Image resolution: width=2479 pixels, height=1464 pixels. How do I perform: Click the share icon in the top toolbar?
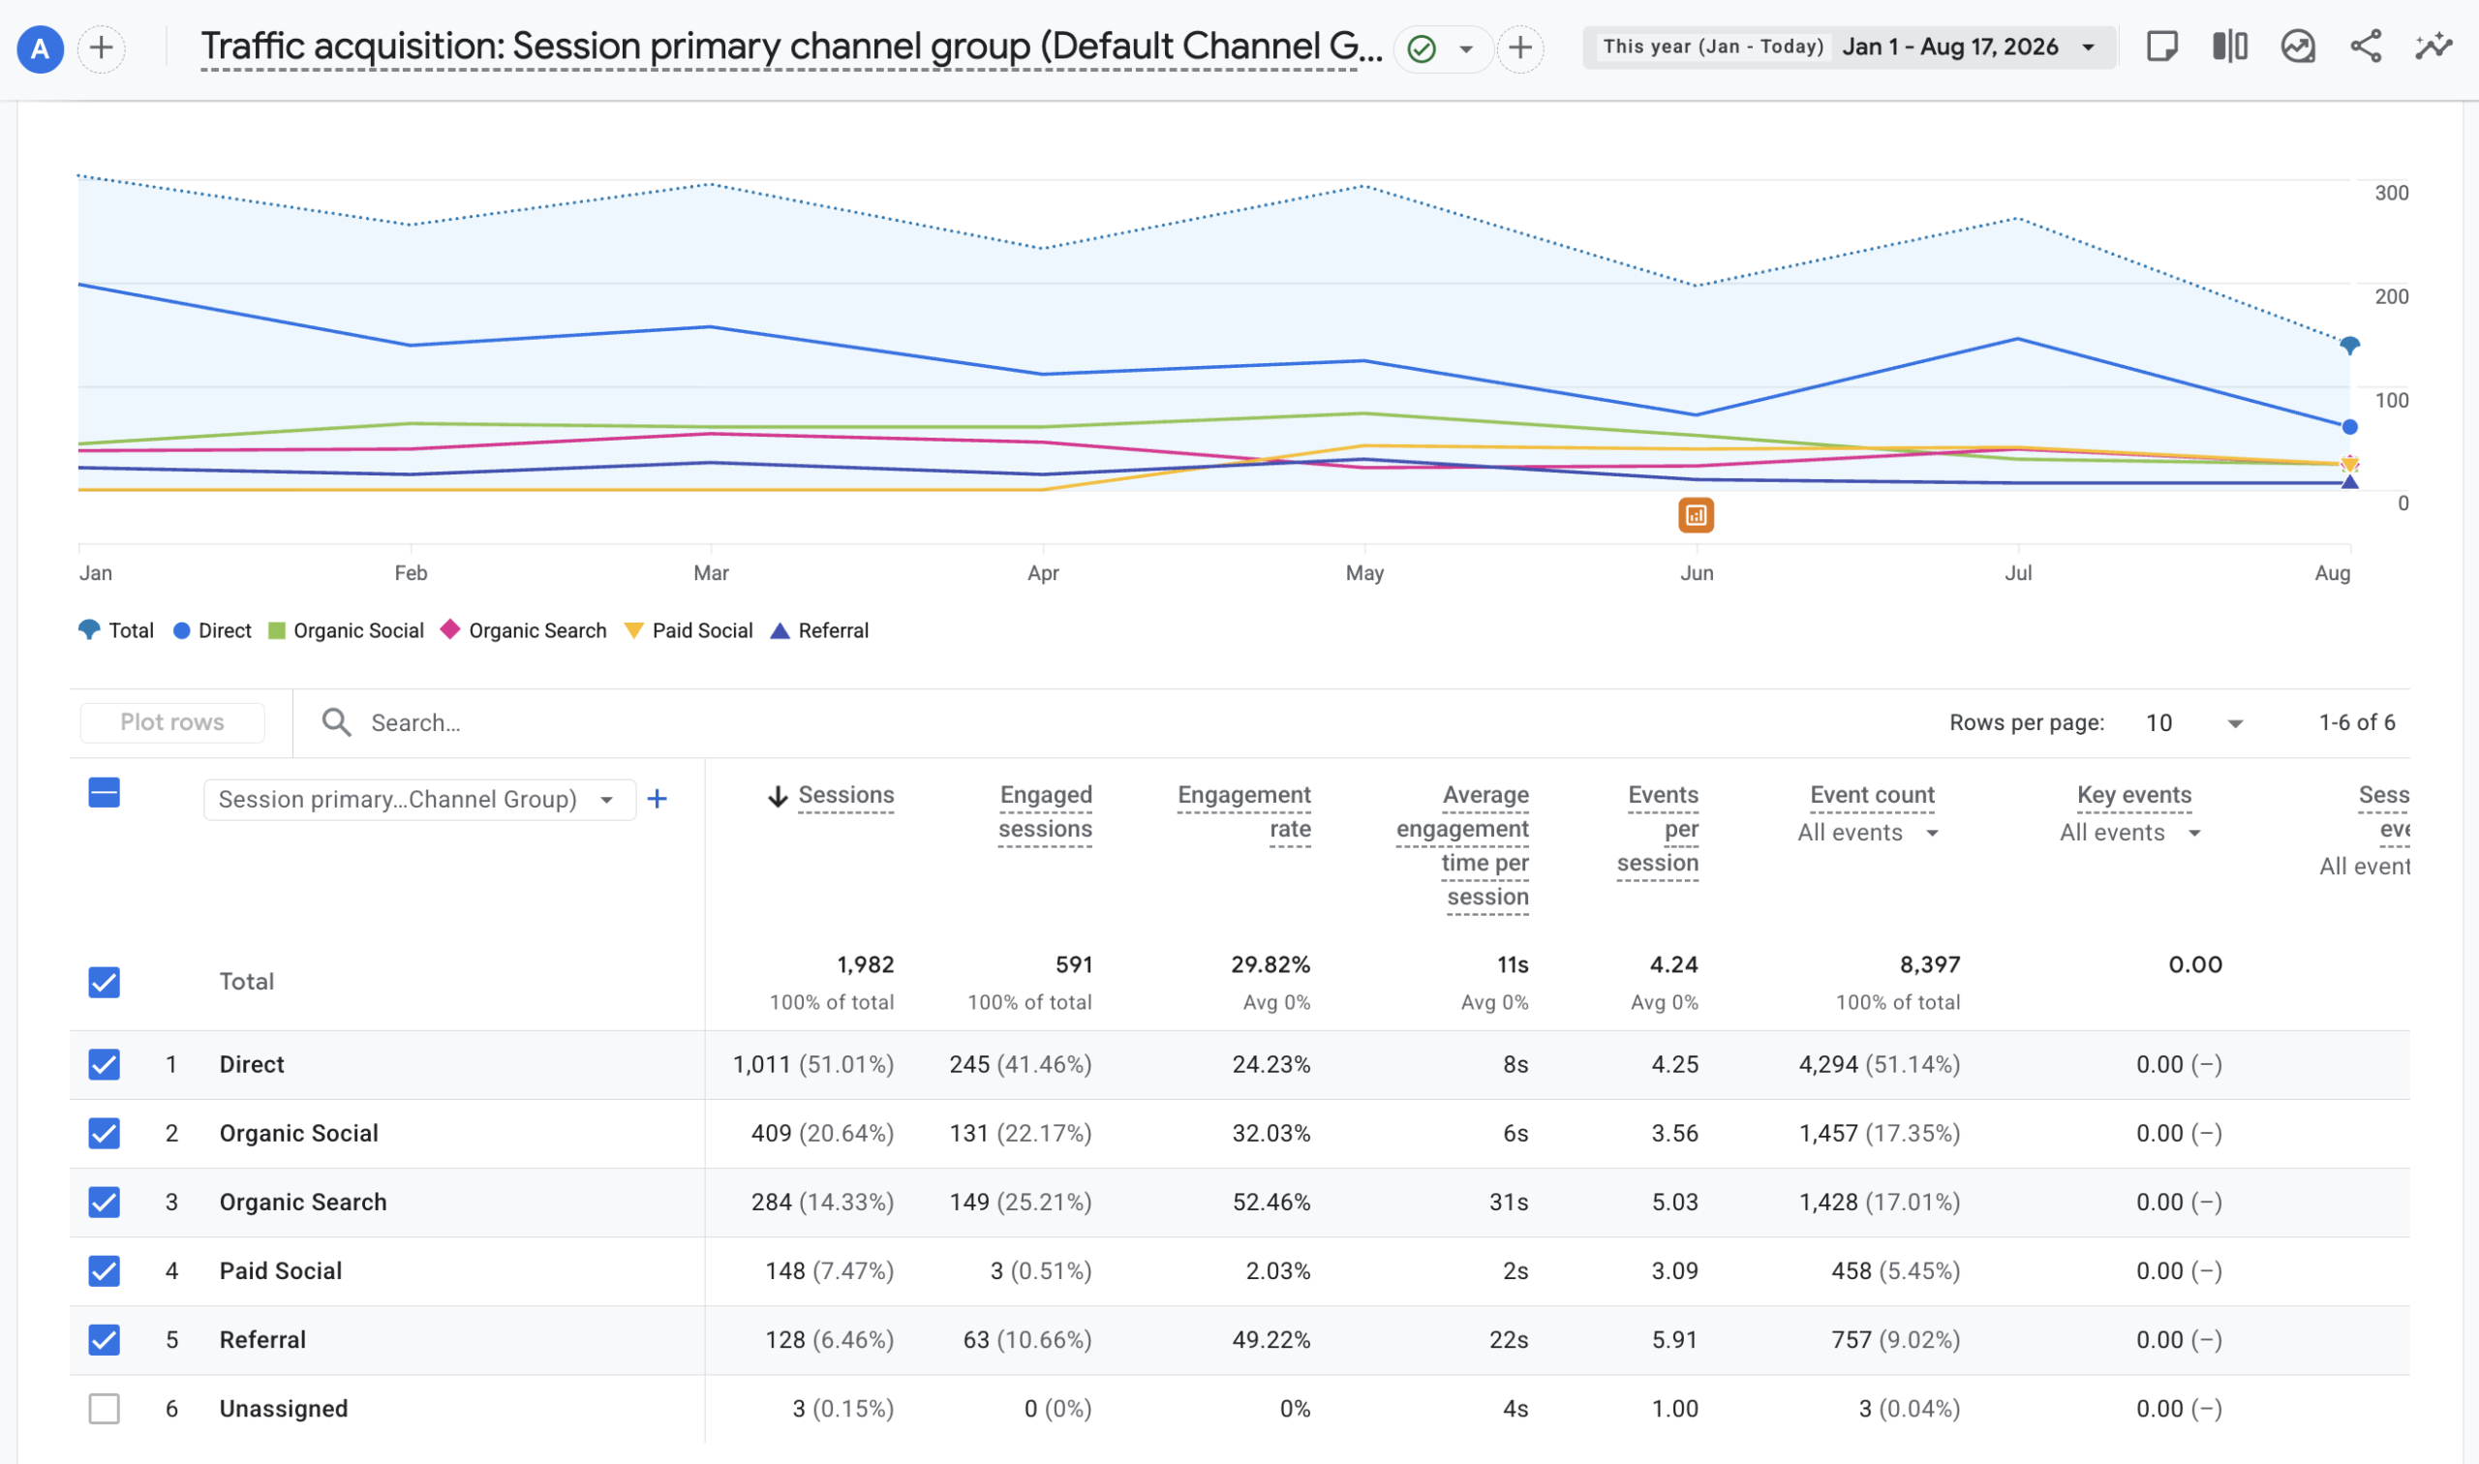pyautogui.click(x=2366, y=46)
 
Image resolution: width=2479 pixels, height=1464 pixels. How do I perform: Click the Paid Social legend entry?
pyautogui.click(x=689, y=630)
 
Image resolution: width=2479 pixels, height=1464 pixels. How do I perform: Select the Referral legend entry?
pyautogui.click(x=819, y=630)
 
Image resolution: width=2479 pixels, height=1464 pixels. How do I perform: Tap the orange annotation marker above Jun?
pyautogui.click(x=1696, y=515)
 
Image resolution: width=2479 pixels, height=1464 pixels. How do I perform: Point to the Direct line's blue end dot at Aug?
pyautogui.click(x=2350, y=427)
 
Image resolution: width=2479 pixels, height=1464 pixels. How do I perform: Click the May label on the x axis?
pyautogui.click(x=1364, y=573)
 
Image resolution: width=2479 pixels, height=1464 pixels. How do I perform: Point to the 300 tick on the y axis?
pyautogui.click(x=2391, y=193)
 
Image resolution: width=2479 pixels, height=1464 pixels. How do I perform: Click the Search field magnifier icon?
pyautogui.click(x=336, y=722)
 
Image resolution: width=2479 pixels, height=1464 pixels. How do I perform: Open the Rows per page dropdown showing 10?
pyautogui.click(x=2194, y=723)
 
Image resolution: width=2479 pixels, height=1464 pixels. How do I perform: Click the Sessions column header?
pyautogui.click(x=845, y=795)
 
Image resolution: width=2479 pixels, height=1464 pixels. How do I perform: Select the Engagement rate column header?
pyautogui.click(x=1244, y=812)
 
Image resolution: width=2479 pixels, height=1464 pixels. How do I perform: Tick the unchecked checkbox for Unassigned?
pyautogui.click(x=105, y=1409)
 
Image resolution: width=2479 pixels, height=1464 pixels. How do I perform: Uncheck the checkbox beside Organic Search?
pyautogui.click(x=105, y=1202)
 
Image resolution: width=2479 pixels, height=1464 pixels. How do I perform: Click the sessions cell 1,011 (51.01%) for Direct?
pyautogui.click(x=812, y=1064)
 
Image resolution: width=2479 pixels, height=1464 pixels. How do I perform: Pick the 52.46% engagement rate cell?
pyautogui.click(x=1270, y=1202)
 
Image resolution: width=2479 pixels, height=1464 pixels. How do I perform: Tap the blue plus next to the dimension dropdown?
pyautogui.click(x=657, y=799)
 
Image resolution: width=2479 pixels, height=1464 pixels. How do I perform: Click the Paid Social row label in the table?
pyautogui.click(x=281, y=1270)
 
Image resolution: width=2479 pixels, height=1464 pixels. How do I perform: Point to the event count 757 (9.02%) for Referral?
pyautogui.click(x=1895, y=1340)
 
